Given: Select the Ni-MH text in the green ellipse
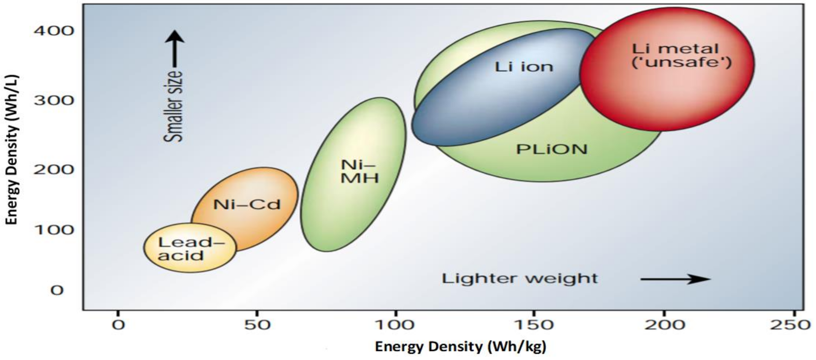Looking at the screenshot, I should (x=359, y=171).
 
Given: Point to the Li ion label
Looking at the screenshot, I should (x=524, y=67).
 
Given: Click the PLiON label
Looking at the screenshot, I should (x=552, y=149).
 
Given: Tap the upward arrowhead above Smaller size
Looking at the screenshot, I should (x=174, y=37).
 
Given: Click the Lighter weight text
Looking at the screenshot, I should (x=520, y=279).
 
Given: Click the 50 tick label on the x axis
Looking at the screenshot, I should (x=257, y=325).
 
